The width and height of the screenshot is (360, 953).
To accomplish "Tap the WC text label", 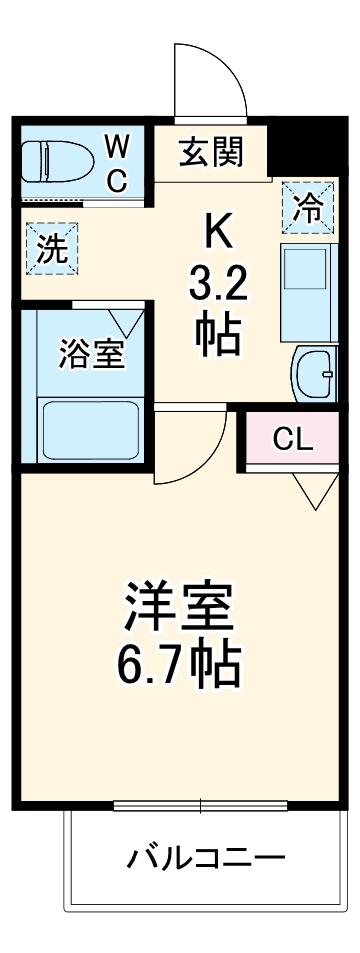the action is coord(117,163).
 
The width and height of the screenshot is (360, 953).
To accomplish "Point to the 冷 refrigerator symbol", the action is coord(307,208).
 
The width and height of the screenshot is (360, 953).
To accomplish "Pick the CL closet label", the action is coord(293,438).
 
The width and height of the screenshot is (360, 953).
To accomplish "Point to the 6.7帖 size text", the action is coord(180,662).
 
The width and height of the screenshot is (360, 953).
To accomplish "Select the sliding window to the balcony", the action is coord(201,806).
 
